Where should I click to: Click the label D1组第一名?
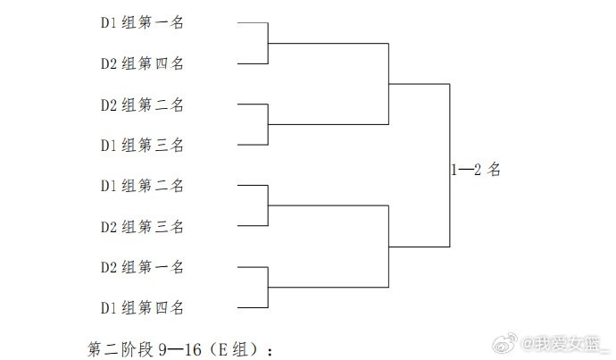click(142, 22)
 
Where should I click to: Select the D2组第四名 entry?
click(142, 63)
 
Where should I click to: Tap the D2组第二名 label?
click(142, 105)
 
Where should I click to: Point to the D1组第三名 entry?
click(142, 145)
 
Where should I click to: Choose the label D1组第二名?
click(142, 186)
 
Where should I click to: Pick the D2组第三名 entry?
click(142, 226)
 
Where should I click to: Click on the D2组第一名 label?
click(142, 267)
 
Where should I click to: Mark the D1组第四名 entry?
click(142, 307)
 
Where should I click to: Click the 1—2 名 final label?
click(476, 170)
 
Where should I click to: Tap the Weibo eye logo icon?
click(504, 343)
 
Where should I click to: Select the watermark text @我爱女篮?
click(565, 344)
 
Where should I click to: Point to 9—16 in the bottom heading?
click(180, 349)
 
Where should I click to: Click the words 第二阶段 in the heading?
click(121, 349)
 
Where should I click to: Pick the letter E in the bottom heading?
click(222, 349)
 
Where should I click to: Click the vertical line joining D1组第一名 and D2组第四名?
click(268, 43)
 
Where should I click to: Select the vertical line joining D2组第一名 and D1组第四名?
click(268, 288)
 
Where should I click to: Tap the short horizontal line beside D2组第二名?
click(253, 105)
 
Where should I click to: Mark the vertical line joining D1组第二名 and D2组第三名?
click(268, 205)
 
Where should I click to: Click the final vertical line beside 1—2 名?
click(449, 165)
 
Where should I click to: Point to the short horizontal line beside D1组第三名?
click(253, 145)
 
